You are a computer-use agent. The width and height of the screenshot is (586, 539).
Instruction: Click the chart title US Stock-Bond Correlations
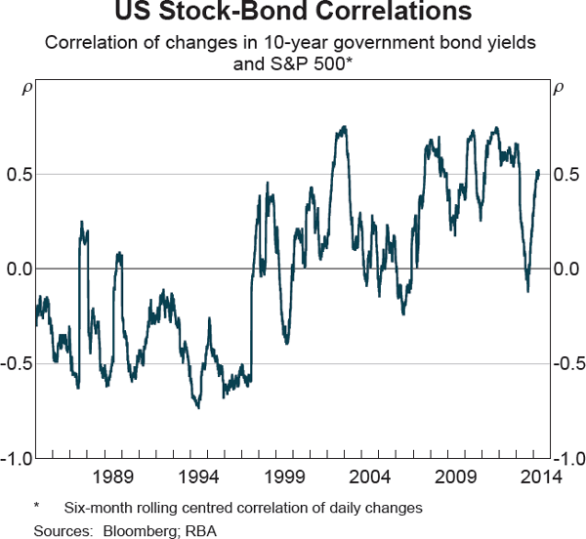pos(293,14)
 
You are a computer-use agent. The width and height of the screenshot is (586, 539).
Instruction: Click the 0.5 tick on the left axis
pos(19,174)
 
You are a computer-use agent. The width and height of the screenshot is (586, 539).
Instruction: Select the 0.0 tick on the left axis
pos(19,269)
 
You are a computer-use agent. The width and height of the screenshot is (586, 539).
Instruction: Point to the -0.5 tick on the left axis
pos(16,363)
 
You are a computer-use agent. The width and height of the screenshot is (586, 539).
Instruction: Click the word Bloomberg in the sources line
pos(132,530)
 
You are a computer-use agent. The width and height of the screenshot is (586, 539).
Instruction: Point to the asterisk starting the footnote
pos(36,508)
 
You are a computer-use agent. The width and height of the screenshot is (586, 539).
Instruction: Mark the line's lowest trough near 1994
pos(199,407)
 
